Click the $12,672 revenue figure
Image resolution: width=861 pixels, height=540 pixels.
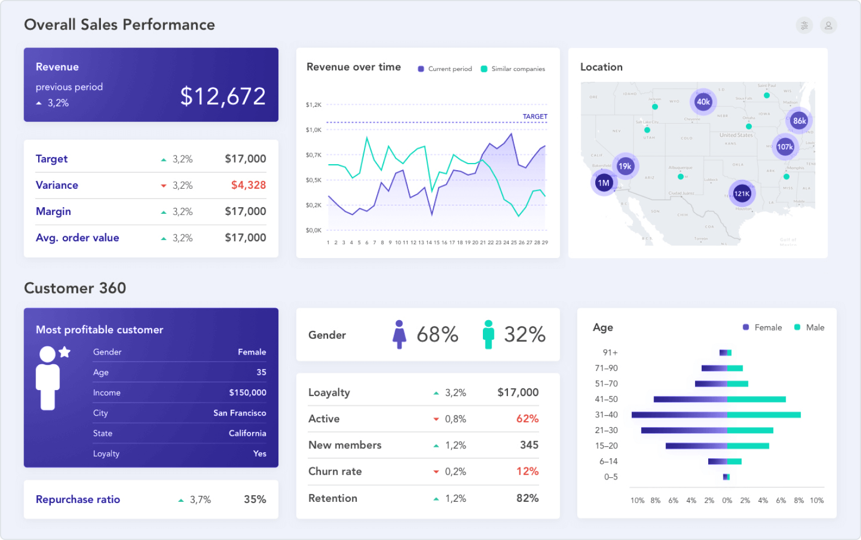(x=223, y=97)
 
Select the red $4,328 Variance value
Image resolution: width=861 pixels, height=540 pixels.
(x=248, y=185)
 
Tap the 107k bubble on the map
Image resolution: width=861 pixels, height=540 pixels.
(x=785, y=147)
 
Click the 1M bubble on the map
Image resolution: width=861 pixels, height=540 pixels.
(x=603, y=183)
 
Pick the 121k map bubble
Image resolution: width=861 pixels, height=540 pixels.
(x=742, y=194)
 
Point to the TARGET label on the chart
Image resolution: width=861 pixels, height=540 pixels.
(x=535, y=116)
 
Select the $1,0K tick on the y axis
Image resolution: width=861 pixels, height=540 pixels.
(x=314, y=130)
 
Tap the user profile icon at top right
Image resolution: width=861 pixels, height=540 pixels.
(x=828, y=25)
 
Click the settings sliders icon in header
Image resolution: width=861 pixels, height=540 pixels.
(x=804, y=25)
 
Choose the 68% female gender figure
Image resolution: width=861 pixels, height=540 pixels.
(x=437, y=334)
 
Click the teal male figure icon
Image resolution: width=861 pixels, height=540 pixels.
(x=488, y=334)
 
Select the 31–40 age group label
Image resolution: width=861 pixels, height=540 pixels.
(x=606, y=415)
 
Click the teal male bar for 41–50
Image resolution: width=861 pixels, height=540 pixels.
(x=756, y=399)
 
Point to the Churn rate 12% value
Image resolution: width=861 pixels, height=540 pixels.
(x=527, y=471)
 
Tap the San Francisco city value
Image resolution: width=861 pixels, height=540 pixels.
(x=240, y=413)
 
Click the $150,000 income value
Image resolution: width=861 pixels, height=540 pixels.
(x=247, y=393)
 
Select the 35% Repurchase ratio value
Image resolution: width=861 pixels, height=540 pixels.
(x=255, y=499)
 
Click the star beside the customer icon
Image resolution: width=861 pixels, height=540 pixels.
(x=65, y=352)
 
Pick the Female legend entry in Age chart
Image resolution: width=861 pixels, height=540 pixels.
(x=762, y=327)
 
